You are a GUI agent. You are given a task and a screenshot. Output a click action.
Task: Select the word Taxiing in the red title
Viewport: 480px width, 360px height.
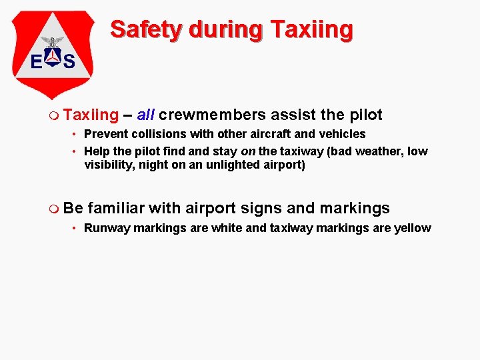tap(311, 30)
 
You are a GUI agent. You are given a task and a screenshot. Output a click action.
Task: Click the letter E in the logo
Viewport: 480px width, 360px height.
tap(37, 62)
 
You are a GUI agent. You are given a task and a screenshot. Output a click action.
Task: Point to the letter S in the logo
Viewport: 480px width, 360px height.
tap(69, 62)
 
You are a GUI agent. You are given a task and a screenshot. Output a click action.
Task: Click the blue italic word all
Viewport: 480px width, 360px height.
tap(146, 115)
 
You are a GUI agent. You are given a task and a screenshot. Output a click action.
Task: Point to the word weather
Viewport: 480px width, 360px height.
tap(373, 151)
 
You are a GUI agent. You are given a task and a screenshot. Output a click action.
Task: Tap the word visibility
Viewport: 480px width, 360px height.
tap(109, 165)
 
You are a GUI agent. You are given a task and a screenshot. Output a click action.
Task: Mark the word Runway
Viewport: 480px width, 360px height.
tap(107, 228)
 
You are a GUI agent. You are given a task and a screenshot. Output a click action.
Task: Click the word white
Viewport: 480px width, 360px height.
tap(227, 228)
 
